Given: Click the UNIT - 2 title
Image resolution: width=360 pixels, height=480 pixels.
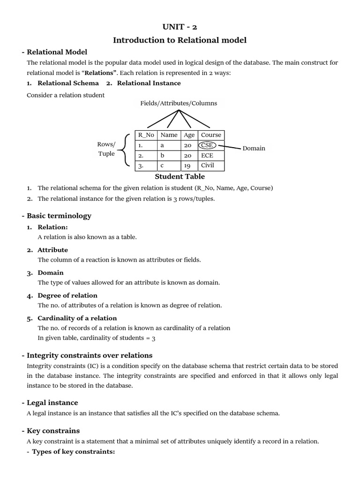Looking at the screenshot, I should [x=180, y=27].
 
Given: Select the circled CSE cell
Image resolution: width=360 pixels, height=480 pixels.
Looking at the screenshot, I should [x=207, y=145].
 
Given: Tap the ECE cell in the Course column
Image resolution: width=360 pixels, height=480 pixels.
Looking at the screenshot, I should [x=207, y=155].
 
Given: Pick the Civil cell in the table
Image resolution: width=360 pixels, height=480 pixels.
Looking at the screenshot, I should [x=207, y=165].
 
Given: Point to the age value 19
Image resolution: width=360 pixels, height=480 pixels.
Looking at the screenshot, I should [x=187, y=165].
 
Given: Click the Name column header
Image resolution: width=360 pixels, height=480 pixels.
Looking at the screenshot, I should [x=169, y=135].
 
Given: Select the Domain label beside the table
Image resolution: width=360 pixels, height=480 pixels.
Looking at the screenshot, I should [x=254, y=148].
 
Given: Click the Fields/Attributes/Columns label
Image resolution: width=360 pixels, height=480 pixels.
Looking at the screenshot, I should [x=179, y=103].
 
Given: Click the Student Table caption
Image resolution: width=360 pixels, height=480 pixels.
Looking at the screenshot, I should [x=180, y=177].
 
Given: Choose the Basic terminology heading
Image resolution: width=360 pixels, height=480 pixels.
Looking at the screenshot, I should [x=59, y=216].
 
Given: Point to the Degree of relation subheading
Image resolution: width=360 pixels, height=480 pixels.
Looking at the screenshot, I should [x=67, y=295].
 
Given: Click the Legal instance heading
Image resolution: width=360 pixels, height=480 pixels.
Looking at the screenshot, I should [x=52, y=403].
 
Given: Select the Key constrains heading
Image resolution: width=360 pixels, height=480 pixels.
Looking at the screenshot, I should [x=53, y=431].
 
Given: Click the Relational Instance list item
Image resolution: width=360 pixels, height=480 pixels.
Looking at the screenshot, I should [x=149, y=83].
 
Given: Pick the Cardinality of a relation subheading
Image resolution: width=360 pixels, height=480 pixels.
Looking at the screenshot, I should [x=77, y=318].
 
